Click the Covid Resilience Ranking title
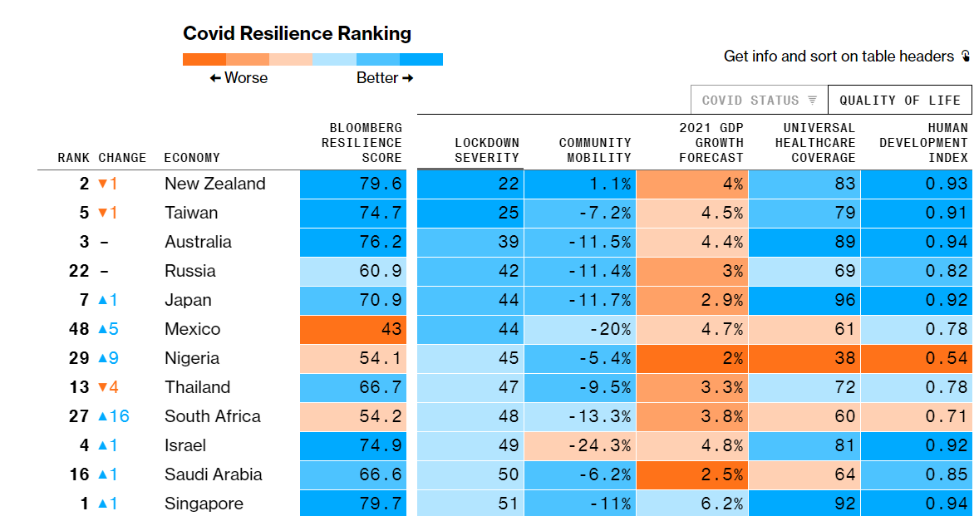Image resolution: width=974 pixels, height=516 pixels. (297, 34)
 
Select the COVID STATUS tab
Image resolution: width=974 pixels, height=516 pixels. (759, 101)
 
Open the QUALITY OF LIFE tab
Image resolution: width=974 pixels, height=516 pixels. (899, 101)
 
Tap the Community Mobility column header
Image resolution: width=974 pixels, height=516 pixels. (594, 150)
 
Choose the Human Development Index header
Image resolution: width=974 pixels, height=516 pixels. (923, 143)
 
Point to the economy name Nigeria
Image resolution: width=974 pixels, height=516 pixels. (192, 358)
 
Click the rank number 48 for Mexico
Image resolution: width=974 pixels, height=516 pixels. (79, 329)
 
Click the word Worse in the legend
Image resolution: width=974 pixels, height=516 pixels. (245, 77)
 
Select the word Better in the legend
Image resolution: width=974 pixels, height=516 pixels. (377, 77)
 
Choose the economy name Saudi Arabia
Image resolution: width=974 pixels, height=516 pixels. (213, 474)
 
